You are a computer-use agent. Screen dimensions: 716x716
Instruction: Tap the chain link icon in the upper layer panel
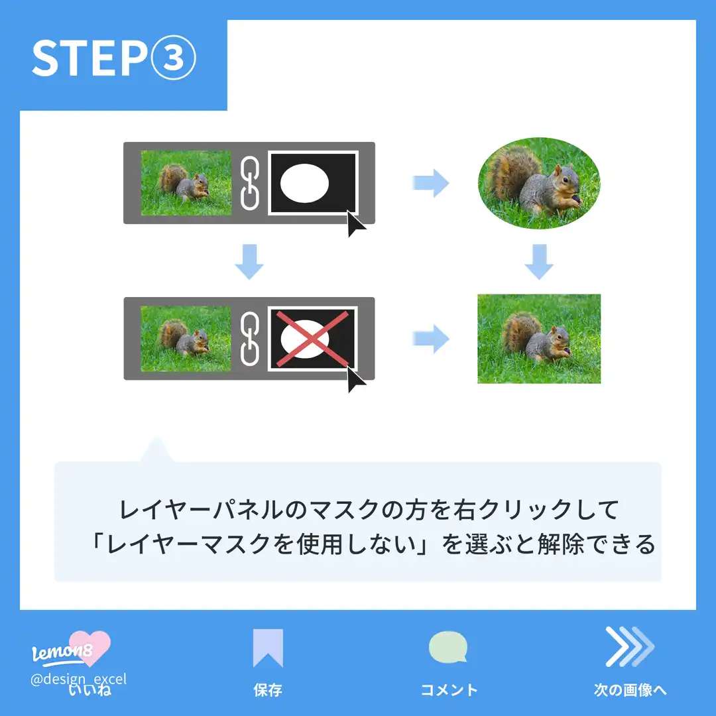pos(249,183)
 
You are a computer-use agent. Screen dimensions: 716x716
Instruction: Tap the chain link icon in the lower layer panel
pos(249,338)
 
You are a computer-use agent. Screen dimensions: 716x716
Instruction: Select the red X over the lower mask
pos(312,338)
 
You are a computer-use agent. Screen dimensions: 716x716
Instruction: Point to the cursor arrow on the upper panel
pos(355,225)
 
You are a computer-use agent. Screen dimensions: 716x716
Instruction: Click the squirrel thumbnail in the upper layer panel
pos(186,183)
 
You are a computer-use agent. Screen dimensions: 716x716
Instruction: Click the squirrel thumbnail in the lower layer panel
pos(186,338)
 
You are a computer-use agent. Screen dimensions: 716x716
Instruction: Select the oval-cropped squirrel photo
pos(539,183)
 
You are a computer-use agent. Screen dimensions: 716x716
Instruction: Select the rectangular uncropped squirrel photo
pos(539,339)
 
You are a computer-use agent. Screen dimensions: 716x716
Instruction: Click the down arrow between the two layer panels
pos(249,261)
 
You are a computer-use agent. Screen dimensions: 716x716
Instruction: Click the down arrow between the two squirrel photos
pos(538,261)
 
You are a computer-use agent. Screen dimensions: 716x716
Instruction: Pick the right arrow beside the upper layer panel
pos(431,183)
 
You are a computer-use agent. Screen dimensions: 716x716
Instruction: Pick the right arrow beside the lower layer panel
pos(431,339)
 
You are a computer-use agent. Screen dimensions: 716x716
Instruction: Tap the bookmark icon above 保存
pos(268,648)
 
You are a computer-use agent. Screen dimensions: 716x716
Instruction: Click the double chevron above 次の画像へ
pos(628,646)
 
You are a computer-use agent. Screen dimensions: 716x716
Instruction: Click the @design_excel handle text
pos(79,679)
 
